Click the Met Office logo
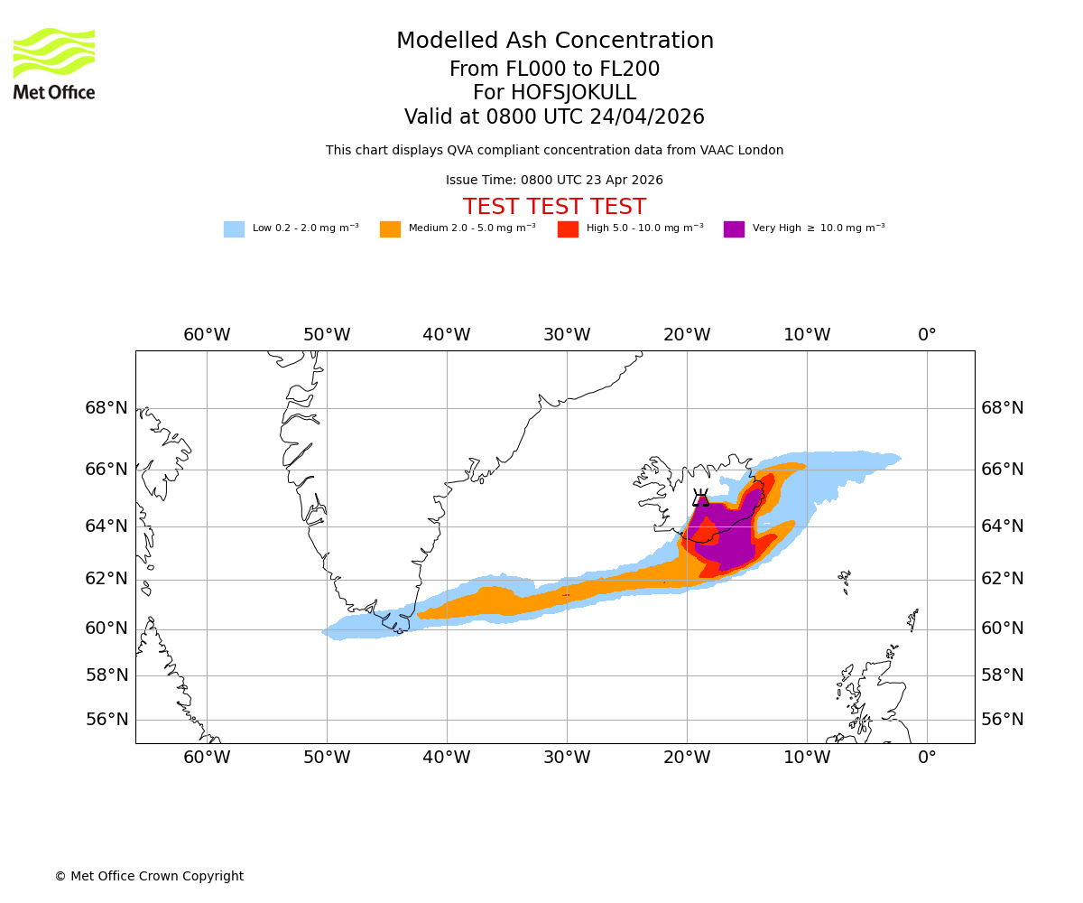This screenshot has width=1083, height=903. [54, 63]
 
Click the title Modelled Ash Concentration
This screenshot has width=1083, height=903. [554, 42]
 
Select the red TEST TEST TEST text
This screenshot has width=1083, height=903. [554, 207]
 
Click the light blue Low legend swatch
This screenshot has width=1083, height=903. [234, 229]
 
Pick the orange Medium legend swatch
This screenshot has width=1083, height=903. [390, 229]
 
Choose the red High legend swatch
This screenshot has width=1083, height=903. [568, 229]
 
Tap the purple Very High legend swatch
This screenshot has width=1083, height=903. [734, 229]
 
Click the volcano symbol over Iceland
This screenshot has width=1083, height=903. [700, 498]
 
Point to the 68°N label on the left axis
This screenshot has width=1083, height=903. [106, 408]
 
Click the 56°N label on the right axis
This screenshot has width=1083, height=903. [1002, 720]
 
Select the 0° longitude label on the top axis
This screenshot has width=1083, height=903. [927, 335]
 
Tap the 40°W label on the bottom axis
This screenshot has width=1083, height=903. [447, 758]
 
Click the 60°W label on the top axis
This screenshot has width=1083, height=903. [207, 335]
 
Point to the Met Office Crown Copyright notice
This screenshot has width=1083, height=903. [149, 876]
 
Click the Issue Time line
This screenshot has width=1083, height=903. [554, 181]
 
